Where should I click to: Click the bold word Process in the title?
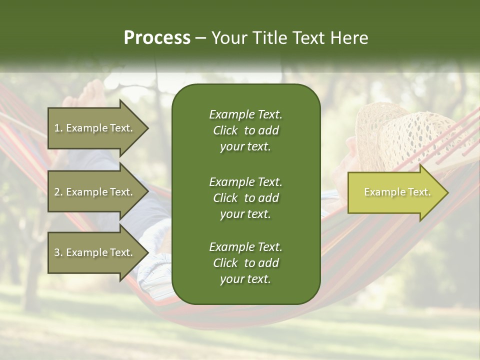pos(157,38)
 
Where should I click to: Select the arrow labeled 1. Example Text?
pos(95,128)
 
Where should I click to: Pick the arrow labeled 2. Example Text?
pos(95,192)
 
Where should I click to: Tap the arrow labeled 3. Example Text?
pos(95,252)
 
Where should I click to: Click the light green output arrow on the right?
pos(395,192)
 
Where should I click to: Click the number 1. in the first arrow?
pos(58,128)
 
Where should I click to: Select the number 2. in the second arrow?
pos(58,192)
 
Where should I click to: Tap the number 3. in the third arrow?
pos(58,252)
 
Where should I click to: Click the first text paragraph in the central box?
pos(245,130)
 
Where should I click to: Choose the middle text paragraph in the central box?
pos(245,198)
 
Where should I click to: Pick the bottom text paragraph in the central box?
pos(245,263)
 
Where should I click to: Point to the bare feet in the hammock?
pos(85,97)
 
